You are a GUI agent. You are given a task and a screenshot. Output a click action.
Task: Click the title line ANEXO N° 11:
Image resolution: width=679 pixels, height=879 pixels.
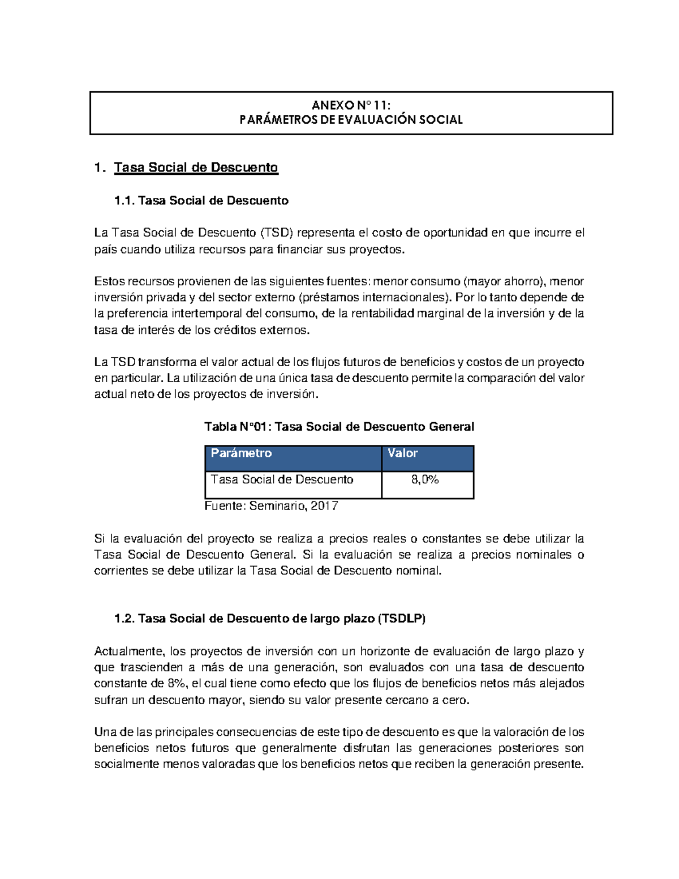351,105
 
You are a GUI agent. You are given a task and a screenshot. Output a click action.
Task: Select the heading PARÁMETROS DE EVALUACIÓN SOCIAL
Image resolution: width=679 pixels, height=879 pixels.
351,120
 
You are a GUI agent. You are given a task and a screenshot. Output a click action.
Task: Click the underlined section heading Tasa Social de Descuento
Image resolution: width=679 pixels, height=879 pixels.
196,168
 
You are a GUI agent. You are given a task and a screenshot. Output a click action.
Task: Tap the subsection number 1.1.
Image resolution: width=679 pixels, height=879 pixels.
124,201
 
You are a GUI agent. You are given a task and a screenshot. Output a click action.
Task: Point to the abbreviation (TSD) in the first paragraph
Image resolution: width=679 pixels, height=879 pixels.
277,233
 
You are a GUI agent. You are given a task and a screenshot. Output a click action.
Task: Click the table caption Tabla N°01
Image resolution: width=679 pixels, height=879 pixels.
237,427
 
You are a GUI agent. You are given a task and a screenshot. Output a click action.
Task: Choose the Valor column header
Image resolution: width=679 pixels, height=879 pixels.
402,453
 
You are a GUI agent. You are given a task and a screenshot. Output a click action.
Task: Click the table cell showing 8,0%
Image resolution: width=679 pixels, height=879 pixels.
425,480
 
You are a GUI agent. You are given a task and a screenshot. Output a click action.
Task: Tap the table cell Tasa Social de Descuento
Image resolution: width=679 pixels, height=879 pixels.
282,480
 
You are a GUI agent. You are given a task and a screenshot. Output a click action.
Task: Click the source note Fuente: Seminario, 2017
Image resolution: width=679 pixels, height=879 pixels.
271,506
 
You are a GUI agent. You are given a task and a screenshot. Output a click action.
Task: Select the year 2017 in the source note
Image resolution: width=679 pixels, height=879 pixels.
324,506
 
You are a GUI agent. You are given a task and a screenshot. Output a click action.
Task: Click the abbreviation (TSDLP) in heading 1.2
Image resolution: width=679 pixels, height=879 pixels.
401,619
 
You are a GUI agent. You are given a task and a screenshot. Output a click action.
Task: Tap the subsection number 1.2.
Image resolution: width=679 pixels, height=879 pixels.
124,619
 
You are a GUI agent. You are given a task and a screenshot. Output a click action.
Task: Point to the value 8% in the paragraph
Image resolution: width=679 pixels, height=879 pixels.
177,684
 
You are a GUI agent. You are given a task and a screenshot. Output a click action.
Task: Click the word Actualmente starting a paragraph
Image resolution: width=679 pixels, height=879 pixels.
129,652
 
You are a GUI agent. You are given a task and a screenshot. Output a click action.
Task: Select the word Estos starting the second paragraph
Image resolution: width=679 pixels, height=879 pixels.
109,282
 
